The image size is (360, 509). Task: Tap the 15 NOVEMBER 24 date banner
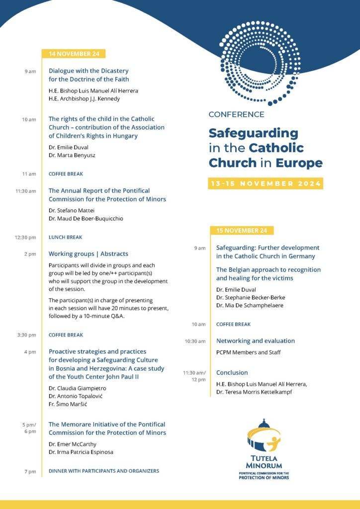point(242,230)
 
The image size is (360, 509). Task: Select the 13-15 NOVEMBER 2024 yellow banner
point(266,183)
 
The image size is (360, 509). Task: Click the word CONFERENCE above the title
point(236,114)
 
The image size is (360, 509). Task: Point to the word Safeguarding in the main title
point(253,133)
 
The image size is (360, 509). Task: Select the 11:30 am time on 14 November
point(25,191)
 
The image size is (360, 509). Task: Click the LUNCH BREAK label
point(65,237)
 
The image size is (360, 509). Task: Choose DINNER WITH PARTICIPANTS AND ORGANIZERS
point(103,471)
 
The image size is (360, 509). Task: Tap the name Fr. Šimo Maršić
point(68,404)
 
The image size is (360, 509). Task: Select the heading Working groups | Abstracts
point(88,254)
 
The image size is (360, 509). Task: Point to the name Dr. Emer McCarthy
point(73,444)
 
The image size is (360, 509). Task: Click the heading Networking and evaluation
point(255,341)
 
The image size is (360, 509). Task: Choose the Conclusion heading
point(232,372)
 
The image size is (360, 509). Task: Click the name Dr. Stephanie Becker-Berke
point(251,297)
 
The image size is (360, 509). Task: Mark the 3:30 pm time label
point(25,335)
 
